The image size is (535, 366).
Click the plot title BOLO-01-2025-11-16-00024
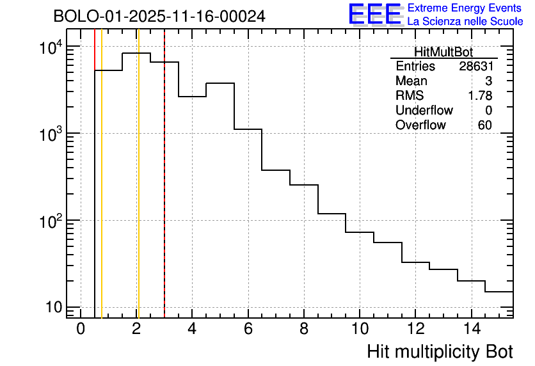click(159, 17)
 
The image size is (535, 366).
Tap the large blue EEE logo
click(375, 15)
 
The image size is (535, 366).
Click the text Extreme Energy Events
click(465, 8)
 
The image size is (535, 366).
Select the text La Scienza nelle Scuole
click(465, 22)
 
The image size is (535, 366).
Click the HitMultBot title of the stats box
click(443, 52)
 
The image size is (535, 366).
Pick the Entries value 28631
click(475, 67)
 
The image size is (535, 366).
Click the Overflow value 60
click(484, 125)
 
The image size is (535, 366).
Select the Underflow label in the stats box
click(424, 110)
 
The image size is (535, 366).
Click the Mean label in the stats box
click(411, 81)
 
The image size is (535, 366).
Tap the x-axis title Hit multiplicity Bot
click(440, 351)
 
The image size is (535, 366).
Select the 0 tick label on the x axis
click(81, 329)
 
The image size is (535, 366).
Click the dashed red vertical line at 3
click(164, 192)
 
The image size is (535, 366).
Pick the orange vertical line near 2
click(138, 192)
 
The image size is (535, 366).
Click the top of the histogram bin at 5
click(220, 83)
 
